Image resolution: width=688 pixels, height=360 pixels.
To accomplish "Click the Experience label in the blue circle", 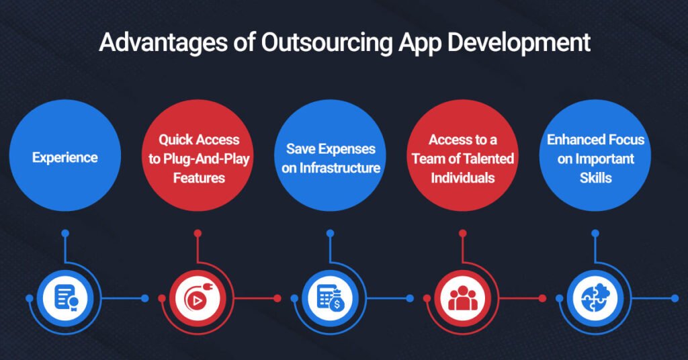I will click(x=65, y=158).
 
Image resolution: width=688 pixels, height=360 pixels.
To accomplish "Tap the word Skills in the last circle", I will click(x=595, y=179).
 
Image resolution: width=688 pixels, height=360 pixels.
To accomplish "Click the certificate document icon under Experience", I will click(x=65, y=298).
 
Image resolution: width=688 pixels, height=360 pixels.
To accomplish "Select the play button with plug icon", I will click(x=198, y=298).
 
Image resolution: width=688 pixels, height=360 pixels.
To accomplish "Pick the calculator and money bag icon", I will click(x=330, y=298).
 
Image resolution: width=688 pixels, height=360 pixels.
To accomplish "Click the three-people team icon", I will click(x=462, y=298).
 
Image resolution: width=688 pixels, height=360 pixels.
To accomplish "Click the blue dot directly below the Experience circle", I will click(x=65, y=234).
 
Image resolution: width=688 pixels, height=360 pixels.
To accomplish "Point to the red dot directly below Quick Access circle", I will click(x=198, y=234).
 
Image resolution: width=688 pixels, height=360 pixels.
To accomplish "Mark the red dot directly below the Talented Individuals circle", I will click(x=462, y=234).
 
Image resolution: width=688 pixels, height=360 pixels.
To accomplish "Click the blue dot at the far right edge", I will click(x=675, y=298).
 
